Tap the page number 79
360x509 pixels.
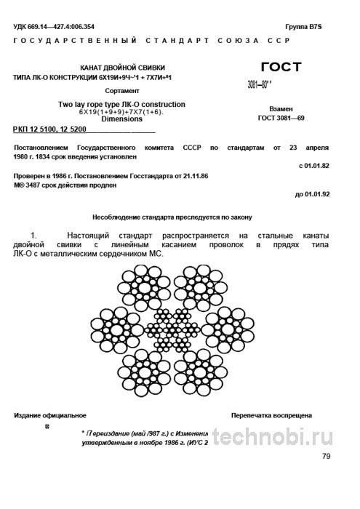tap(325, 456)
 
